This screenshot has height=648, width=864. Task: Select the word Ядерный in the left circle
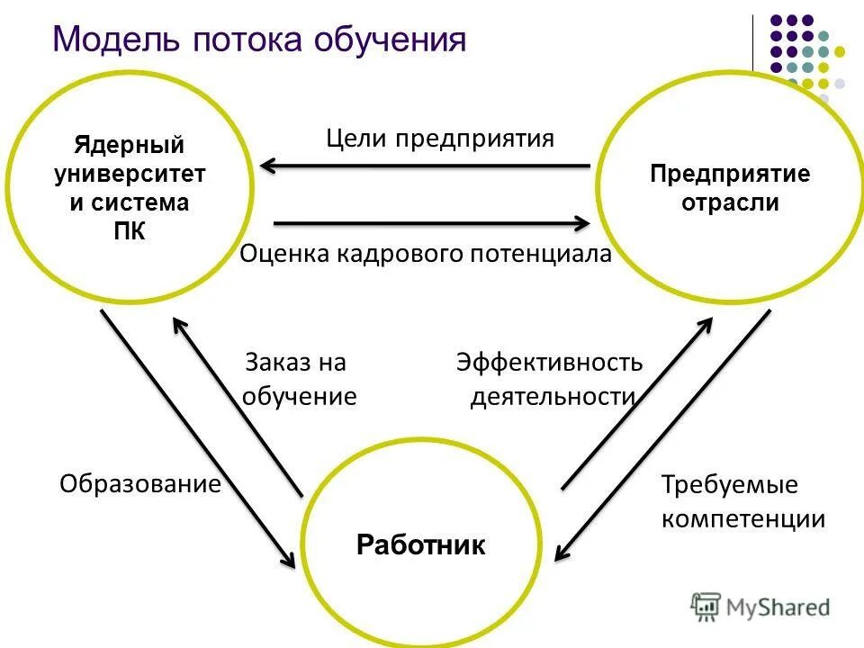point(130,145)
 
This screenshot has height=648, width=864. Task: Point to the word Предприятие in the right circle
point(730,174)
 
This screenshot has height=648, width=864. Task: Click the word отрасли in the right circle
point(730,202)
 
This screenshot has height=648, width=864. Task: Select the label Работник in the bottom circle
point(421,545)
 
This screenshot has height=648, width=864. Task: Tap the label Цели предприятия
point(440,139)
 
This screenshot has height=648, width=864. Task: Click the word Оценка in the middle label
point(285,255)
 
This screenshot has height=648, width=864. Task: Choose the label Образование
point(140,484)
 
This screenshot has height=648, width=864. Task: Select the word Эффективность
point(549,363)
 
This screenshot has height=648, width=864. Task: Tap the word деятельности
point(553,397)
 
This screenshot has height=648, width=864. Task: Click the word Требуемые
point(730,485)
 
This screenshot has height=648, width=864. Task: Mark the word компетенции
point(743,519)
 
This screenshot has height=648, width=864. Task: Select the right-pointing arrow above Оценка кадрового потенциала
point(432,221)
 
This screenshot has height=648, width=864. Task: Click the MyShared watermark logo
point(760,607)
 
